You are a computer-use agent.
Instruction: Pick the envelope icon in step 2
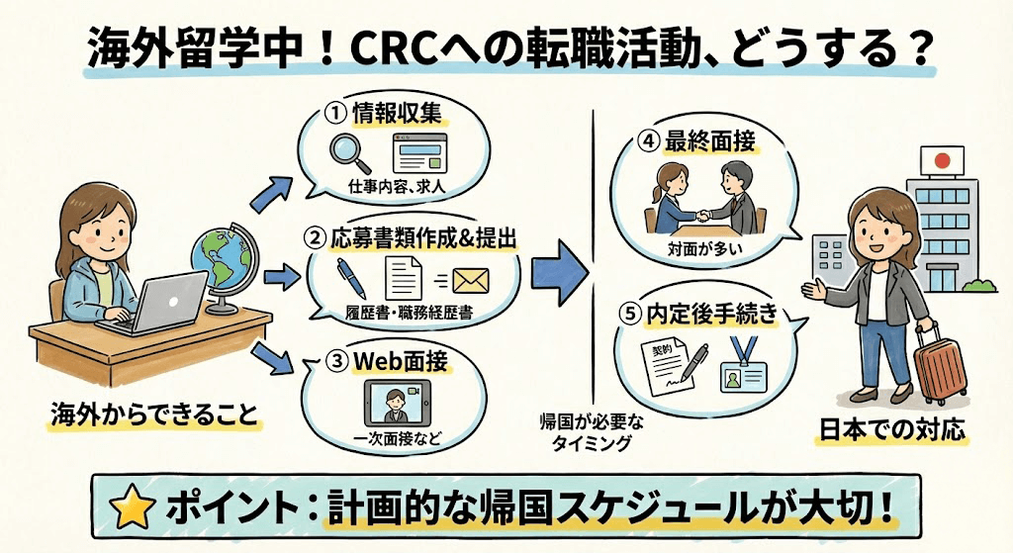[471, 281]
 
